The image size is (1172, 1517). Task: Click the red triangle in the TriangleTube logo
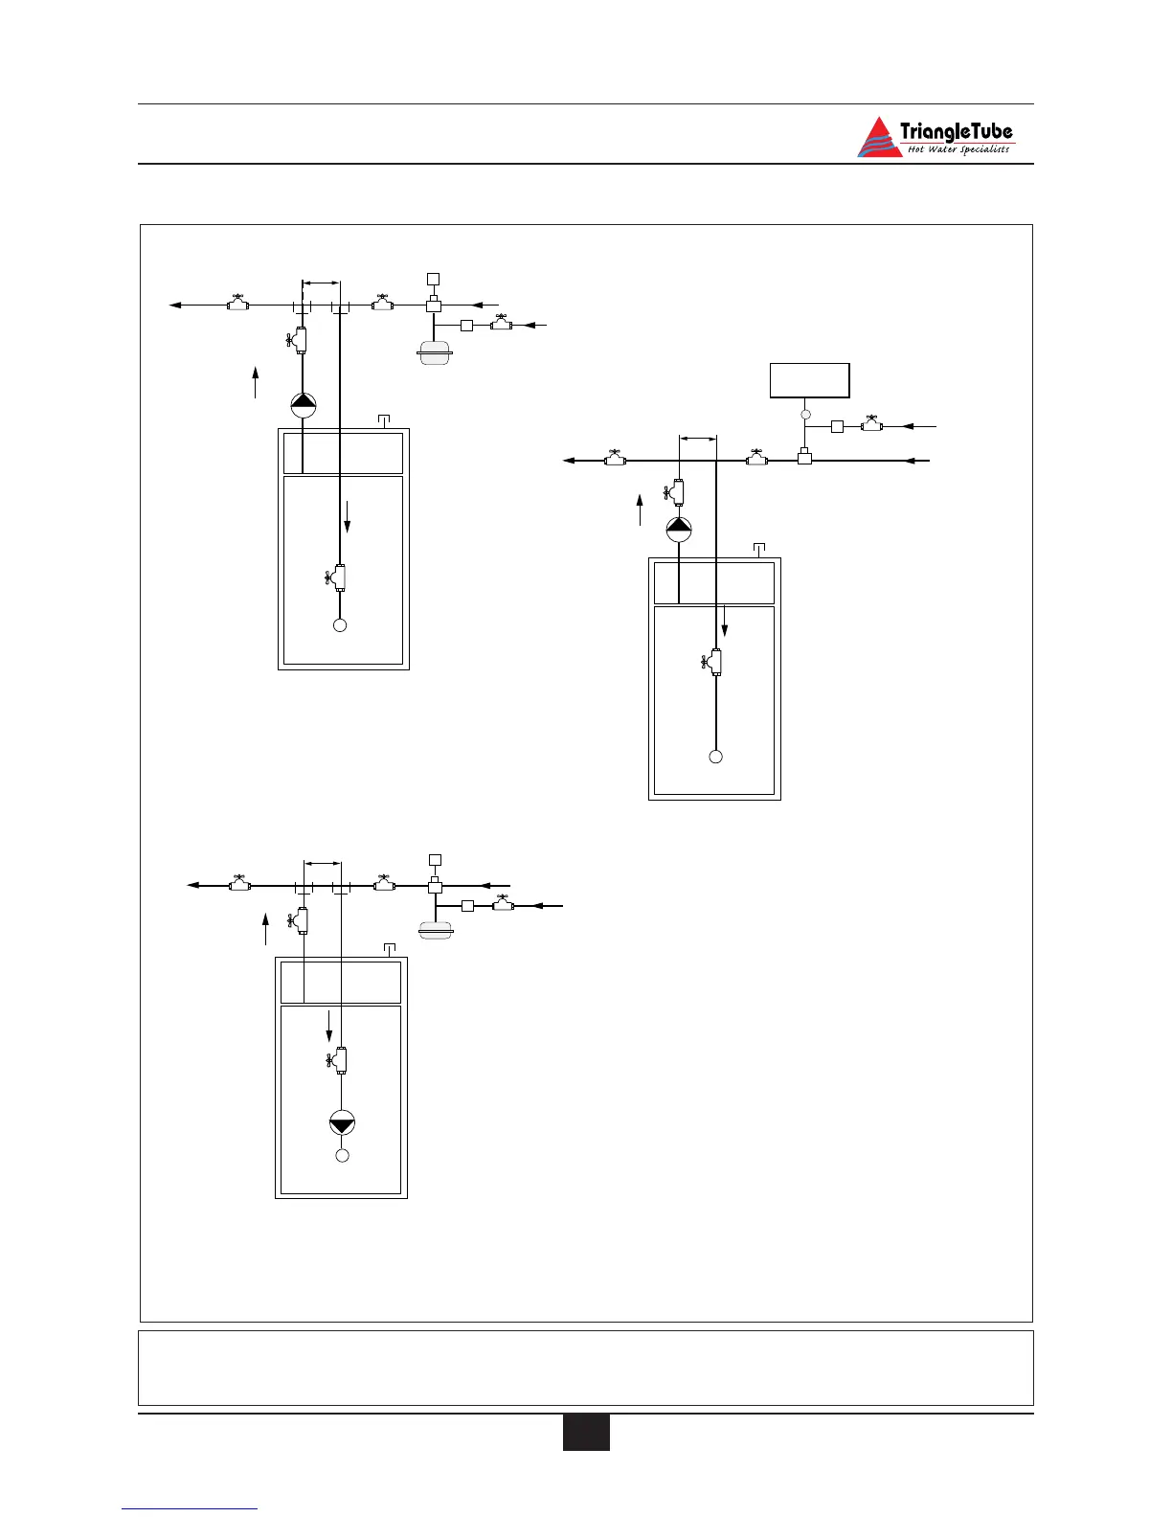coord(877,139)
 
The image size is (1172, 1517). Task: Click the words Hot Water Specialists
coord(958,149)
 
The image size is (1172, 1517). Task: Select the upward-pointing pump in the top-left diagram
coord(303,405)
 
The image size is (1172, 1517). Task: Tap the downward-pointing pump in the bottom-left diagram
coord(342,1123)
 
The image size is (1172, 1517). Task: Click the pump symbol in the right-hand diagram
coord(679,529)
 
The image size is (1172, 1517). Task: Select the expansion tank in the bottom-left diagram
coord(435,928)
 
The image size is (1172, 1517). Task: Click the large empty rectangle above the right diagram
coord(809,380)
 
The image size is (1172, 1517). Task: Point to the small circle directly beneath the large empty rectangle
coord(805,414)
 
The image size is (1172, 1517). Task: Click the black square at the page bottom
coord(586,1433)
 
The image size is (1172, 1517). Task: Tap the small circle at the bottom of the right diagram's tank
coord(715,757)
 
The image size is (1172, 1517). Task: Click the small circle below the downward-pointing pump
coord(342,1156)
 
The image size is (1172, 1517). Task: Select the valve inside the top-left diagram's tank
coord(337,577)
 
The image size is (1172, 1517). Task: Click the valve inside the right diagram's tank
coord(713,662)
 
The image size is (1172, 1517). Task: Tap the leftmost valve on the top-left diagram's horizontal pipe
coord(237,304)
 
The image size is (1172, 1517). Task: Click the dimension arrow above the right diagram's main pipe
coord(697,439)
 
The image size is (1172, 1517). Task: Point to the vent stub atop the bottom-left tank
coord(390,949)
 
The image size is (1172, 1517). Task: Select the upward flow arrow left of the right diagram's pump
coord(640,509)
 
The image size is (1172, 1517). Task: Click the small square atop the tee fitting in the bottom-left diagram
coord(434,859)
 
